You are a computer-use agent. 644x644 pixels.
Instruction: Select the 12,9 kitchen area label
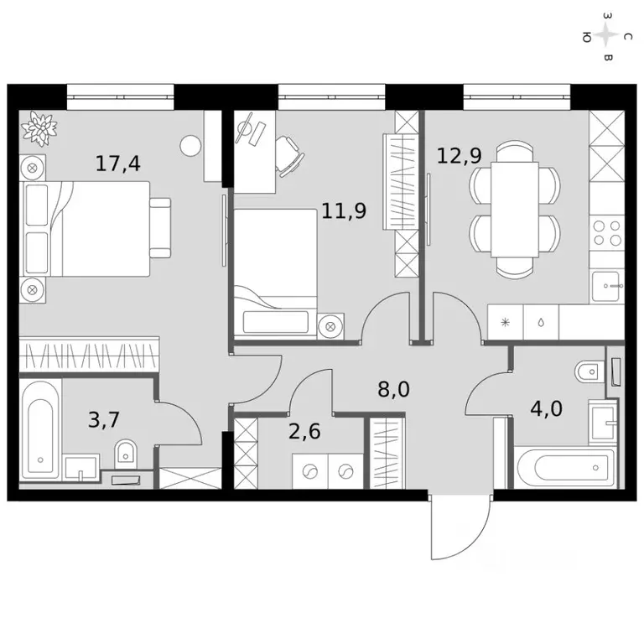coord(459,154)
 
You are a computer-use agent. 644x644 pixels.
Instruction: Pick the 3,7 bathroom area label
coord(105,419)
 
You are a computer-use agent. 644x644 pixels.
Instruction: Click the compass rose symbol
coord(608,37)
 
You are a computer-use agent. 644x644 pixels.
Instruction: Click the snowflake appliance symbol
coord(505,322)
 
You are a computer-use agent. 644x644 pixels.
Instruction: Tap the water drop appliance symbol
coord(541,322)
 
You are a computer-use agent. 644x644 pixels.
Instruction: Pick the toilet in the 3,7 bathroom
coord(126,453)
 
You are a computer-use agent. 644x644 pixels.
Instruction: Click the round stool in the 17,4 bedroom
coord(190,146)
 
